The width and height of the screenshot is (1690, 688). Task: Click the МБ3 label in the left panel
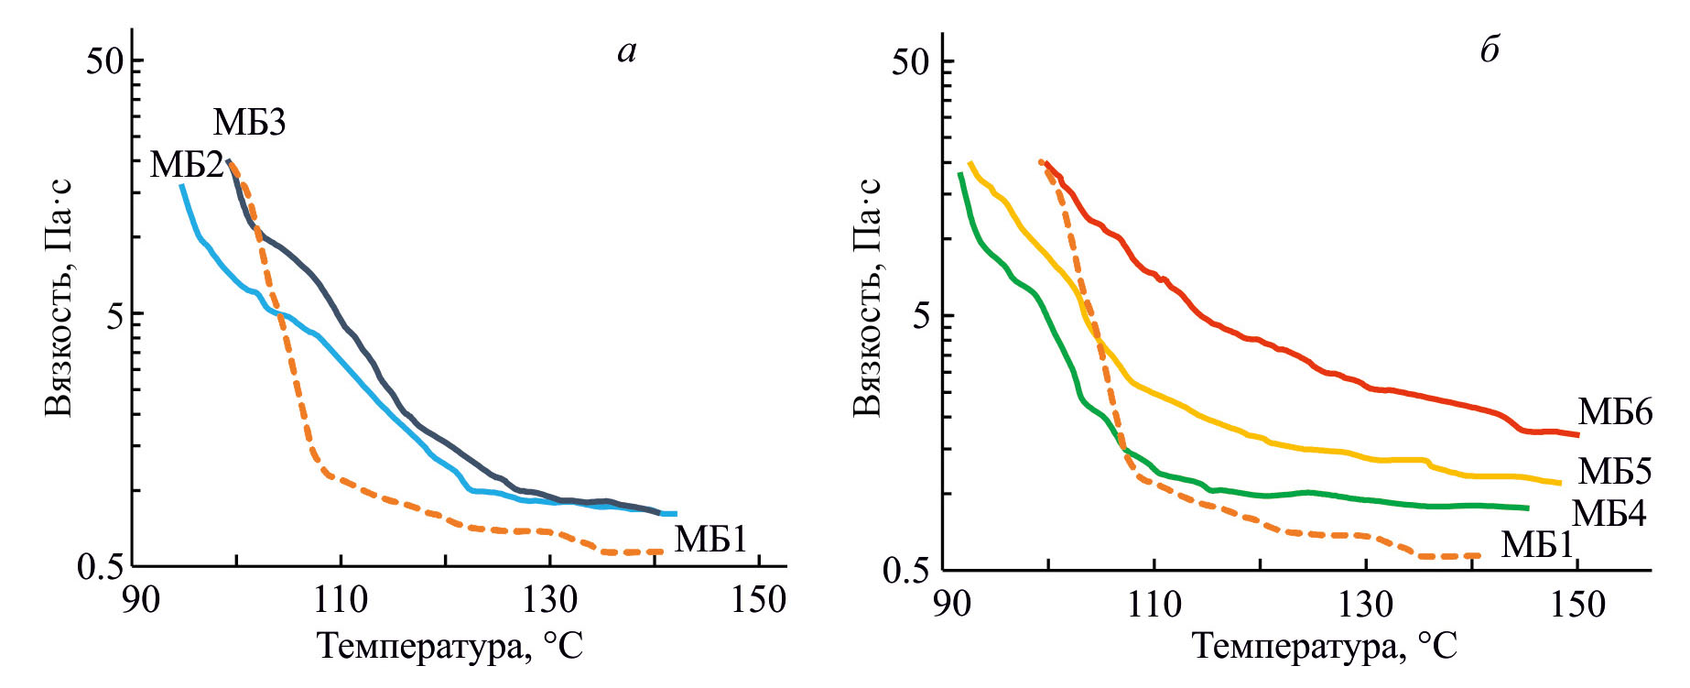(x=249, y=122)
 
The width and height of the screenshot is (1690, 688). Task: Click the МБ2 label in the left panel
(x=187, y=165)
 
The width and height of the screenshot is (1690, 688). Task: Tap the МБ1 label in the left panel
(x=710, y=540)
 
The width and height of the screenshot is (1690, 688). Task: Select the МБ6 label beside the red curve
(x=1615, y=413)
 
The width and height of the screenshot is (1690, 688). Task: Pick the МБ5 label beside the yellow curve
(x=1615, y=471)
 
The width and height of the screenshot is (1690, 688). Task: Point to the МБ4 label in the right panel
(x=1609, y=514)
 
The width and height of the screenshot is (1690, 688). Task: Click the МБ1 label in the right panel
(x=1537, y=545)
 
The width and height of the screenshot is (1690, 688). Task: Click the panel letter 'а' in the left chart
(x=626, y=51)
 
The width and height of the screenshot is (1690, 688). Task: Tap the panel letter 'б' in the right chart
(x=1490, y=50)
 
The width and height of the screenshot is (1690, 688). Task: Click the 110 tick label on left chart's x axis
(x=341, y=600)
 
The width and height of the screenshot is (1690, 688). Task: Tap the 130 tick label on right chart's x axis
(x=1365, y=604)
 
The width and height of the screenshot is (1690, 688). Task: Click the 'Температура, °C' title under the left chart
(x=450, y=646)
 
